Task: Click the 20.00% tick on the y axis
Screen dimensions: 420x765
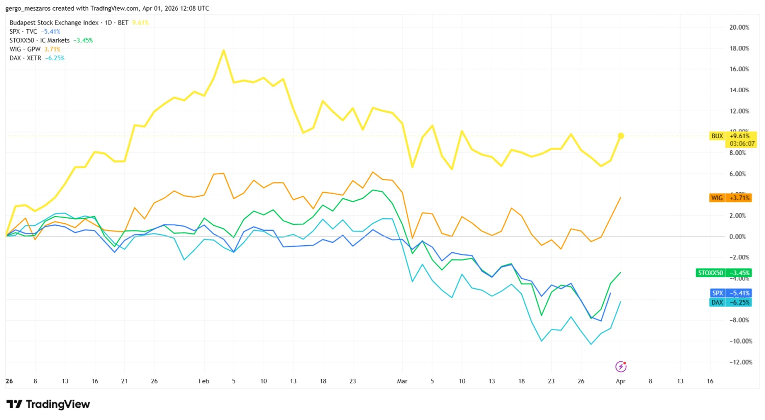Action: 739,28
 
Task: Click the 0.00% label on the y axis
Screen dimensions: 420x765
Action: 737,237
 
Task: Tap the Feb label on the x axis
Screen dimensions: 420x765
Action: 203,381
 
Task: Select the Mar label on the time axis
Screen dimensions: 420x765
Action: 402,381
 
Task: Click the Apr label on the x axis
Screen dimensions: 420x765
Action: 620,381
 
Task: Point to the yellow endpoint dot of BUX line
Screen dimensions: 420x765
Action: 621,136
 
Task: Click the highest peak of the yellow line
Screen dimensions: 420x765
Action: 223,50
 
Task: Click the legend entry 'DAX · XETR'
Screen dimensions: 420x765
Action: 25,58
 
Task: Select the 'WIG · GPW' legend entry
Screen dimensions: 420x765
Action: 25,49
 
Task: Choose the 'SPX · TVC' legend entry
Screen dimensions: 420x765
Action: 23,32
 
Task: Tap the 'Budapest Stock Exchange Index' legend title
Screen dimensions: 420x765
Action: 54,23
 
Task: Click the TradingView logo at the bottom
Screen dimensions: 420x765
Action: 48,404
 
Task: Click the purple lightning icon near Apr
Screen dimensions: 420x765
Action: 621,366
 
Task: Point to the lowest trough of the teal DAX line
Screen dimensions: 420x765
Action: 591,344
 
